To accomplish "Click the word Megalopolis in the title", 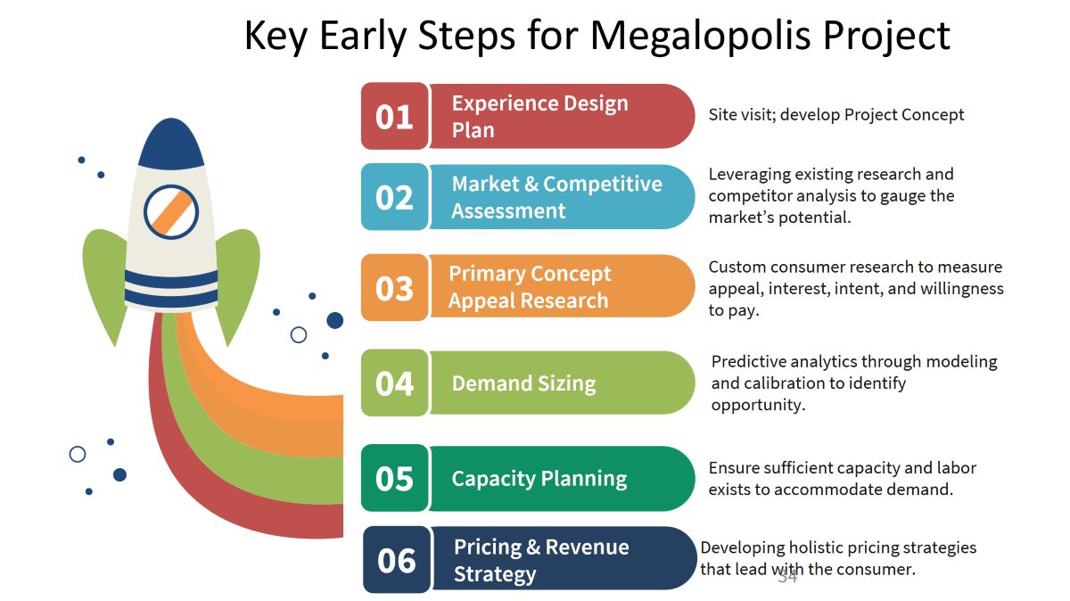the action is (x=701, y=37).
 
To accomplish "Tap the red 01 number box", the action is (x=394, y=116).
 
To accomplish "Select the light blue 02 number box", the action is (x=394, y=197).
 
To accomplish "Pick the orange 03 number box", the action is (x=394, y=288).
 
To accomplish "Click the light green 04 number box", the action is (x=394, y=383).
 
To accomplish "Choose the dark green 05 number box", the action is (x=394, y=478).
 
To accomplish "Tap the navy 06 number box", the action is (x=397, y=560).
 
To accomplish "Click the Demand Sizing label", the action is (x=524, y=383).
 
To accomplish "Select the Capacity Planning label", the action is (x=539, y=479).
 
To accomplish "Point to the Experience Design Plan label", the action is (x=539, y=117).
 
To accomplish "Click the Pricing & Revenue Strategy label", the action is (x=541, y=560).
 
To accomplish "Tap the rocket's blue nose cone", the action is (x=171, y=144).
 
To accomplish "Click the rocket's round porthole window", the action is (x=171, y=212).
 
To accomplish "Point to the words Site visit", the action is (x=742, y=115).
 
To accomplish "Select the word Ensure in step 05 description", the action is (x=734, y=468).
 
